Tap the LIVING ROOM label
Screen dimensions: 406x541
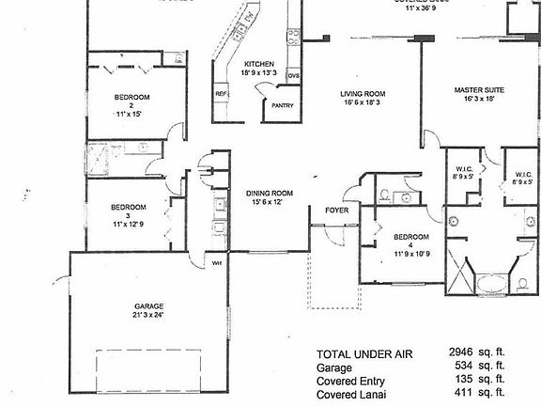coord(363,94)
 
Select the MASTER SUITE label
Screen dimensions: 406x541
coord(479,90)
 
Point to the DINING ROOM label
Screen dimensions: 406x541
coord(270,193)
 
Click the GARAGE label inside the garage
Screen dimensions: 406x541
coord(148,306)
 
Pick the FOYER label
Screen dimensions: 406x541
coord(336,211)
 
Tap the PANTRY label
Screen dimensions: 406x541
coord(283,105)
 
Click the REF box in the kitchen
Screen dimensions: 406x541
coord(223,94)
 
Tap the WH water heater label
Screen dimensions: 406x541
coord(216,262)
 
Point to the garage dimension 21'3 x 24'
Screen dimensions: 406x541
coord(149,317)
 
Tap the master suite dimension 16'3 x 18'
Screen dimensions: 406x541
coord(480,100)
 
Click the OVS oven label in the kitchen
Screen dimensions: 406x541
coord(294,74)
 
